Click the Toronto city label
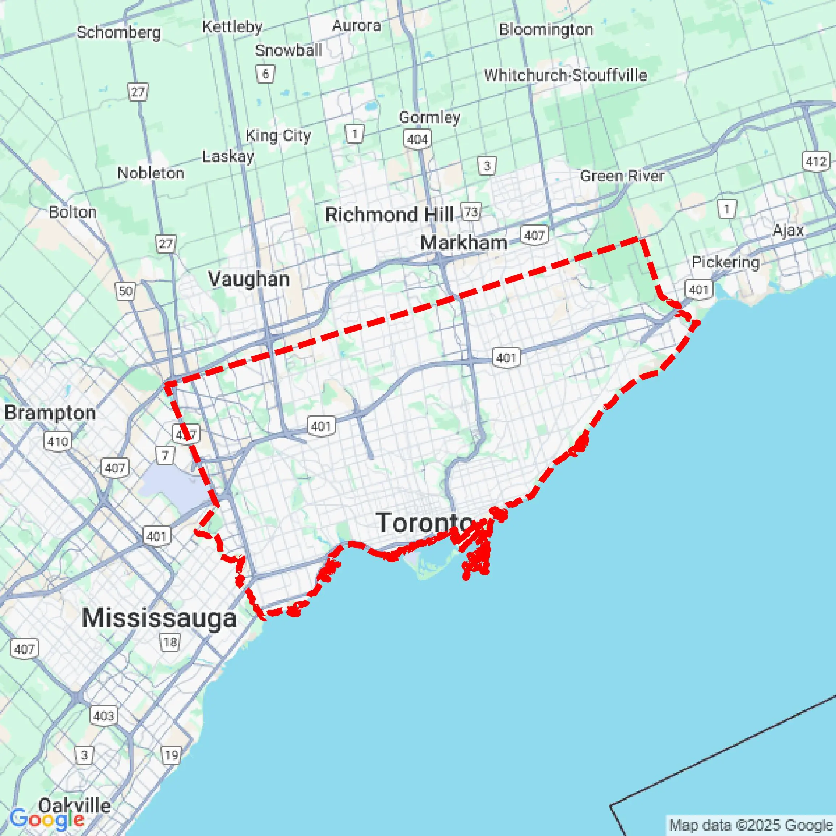[424, 523]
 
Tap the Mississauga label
[159, 617]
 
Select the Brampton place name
[50, 413]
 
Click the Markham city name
[464, 243]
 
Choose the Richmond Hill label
[389, 215]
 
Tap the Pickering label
[725, 262]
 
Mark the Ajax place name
[788, 230]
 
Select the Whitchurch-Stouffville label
[565, 75]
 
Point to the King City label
[278, 136]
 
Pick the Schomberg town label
[119, 33]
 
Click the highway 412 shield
[816, 161]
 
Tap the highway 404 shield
[417, 139]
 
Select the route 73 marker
[471, 212]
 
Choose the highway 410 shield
[58, 442]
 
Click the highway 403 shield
[104, 716]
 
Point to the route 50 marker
[125, 291]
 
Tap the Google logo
[46, 819]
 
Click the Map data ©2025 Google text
[751, 825]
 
